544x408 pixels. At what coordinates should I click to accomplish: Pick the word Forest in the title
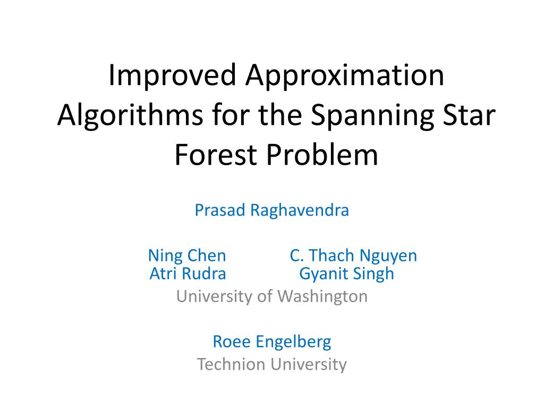point(215,155)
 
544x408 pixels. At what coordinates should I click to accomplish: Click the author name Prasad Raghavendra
point(271,210)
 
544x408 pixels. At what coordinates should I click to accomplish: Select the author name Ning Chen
point(187,256)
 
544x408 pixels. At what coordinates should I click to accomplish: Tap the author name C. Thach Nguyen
point(353,256)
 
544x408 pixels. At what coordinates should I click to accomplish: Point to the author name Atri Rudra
point(188,274)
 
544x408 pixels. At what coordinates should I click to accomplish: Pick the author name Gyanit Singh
point(346,274)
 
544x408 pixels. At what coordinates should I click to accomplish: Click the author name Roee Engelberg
point(272,342)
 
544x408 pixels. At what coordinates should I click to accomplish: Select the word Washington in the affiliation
point(322,296)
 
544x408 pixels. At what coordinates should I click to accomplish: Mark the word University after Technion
point(309,365)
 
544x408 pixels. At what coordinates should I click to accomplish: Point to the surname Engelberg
point(293,342)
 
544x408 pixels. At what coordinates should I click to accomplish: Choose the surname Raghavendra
point(300,210)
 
